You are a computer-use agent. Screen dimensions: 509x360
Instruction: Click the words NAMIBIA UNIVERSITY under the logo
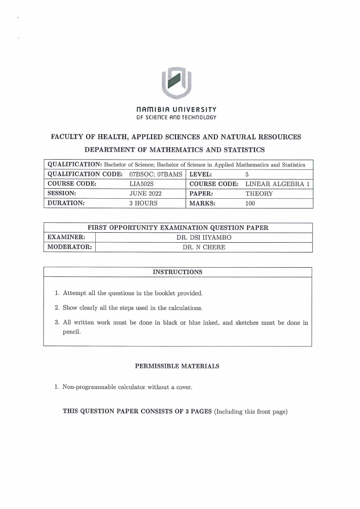tap(176, 110)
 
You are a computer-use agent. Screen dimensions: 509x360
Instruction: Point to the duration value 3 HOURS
tap(143, 203)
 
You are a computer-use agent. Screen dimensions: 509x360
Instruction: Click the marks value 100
tap(250, 203)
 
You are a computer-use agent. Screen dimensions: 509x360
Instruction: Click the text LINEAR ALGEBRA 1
tap(277, 184)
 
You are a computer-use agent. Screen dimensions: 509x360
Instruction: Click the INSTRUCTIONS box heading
tap(177, 272)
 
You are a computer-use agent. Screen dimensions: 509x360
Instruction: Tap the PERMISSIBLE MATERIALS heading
tap(177, 367)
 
